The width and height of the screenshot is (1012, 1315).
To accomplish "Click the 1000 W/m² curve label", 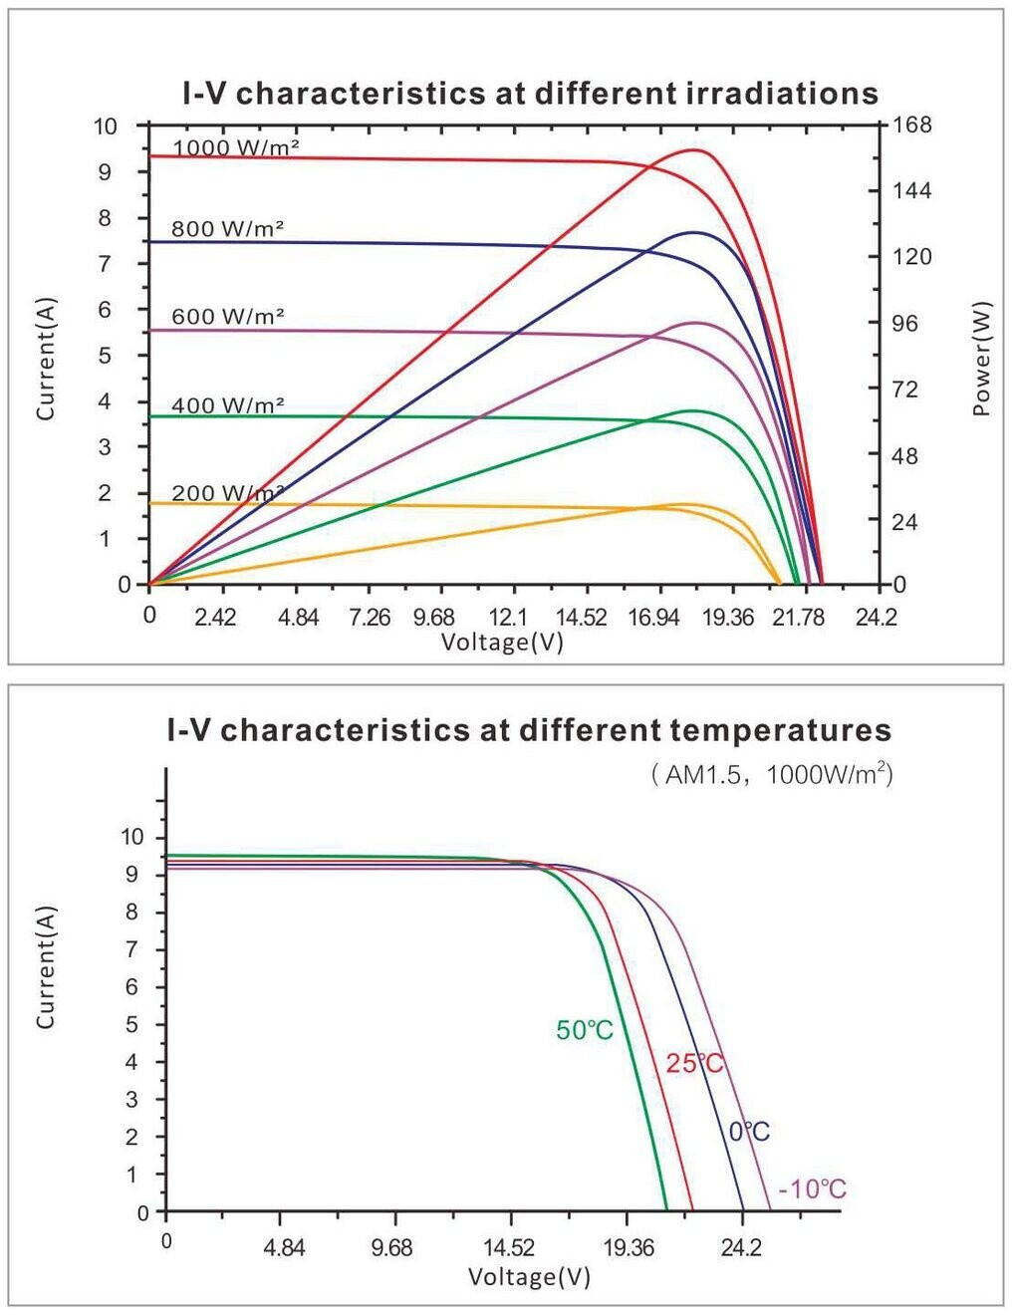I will pyautogui.click(x=236, y=147).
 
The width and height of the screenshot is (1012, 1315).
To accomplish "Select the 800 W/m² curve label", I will pyautogui.click(x=228, y=229).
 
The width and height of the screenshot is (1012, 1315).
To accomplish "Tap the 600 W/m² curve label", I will pyautogui.click(x=228, y=317).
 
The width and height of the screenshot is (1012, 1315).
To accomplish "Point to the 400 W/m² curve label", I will pyautogui.click(x=228, y=405).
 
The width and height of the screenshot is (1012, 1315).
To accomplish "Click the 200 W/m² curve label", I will pyautogui.click(x=228, y=493).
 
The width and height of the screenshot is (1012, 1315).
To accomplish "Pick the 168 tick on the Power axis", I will pyautogui.click(x=912, y=125).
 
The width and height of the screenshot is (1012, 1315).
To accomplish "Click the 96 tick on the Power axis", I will pyautogui.click(x=905, y=323).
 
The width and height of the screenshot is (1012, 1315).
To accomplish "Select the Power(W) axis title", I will pyautogui.click(x=982, y=358).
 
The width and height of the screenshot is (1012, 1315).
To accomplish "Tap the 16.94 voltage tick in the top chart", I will pyautogui.click(x=653, y=618).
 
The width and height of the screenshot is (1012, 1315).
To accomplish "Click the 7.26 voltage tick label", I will pyautogui.click(x=370, y=618).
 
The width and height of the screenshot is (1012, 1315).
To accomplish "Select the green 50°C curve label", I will pyautogui.click(x=585, y=1030).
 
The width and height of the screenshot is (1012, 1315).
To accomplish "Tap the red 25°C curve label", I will pyautogui.click(x=694, y=1063).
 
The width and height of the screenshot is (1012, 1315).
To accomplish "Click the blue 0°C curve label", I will pyautogui.click(x=749, y=1132).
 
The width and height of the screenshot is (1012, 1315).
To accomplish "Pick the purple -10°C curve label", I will pyautogui.click(x=812, y=1188).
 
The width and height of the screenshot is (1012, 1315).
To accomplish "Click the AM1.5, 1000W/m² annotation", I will pyautogui.click(x=772, y=774).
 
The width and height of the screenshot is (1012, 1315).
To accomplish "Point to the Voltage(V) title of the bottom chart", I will pyautogui.click(x=529, y=1276).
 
